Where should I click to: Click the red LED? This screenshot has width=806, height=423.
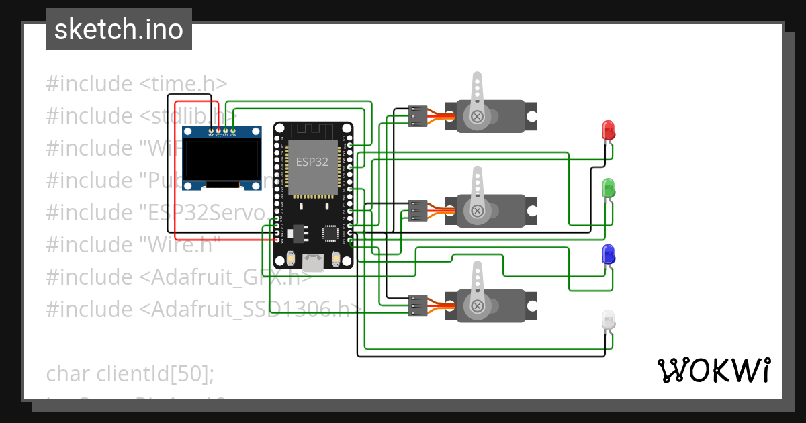pos(608,130)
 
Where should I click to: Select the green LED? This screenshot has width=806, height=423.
pos(609,188)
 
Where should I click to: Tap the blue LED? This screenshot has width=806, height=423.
pos(609,254)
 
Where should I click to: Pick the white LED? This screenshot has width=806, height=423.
pos(608,320)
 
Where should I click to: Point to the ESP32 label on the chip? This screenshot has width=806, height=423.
pos(312,162)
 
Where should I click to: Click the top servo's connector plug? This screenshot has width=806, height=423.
pos(418,116)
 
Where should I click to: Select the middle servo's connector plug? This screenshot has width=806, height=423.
pos(418,211)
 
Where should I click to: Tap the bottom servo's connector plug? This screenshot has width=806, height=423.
pos(418,305)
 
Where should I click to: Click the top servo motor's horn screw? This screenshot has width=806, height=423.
pos(478,117)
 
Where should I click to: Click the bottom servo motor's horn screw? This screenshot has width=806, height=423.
pos(478,306)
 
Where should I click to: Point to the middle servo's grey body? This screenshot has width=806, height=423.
pos(504,211)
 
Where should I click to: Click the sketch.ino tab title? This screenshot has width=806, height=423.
pos(119,30)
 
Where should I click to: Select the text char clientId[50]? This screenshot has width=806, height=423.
pos(130,373)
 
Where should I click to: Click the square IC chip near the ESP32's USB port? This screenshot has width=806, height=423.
pos(330,233)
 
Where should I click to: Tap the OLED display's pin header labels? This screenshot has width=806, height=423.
pos(222,136)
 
